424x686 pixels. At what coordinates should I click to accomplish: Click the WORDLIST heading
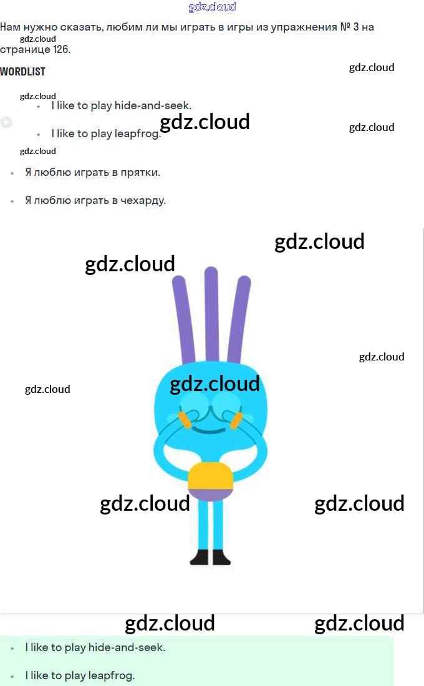tap(22, 72)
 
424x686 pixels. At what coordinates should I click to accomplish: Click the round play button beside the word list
tap(6, 122)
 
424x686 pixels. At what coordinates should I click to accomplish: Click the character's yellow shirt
tap(210, 476)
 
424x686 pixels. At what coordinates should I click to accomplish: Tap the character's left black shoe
tap(199, 557)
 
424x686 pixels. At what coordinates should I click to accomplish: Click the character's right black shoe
tap(221, 557)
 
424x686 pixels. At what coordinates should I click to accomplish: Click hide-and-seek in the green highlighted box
tap(127, 647)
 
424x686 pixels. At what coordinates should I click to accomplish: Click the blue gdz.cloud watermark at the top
tap(212, 7)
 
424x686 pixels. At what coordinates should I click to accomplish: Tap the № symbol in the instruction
tap(346, 27)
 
